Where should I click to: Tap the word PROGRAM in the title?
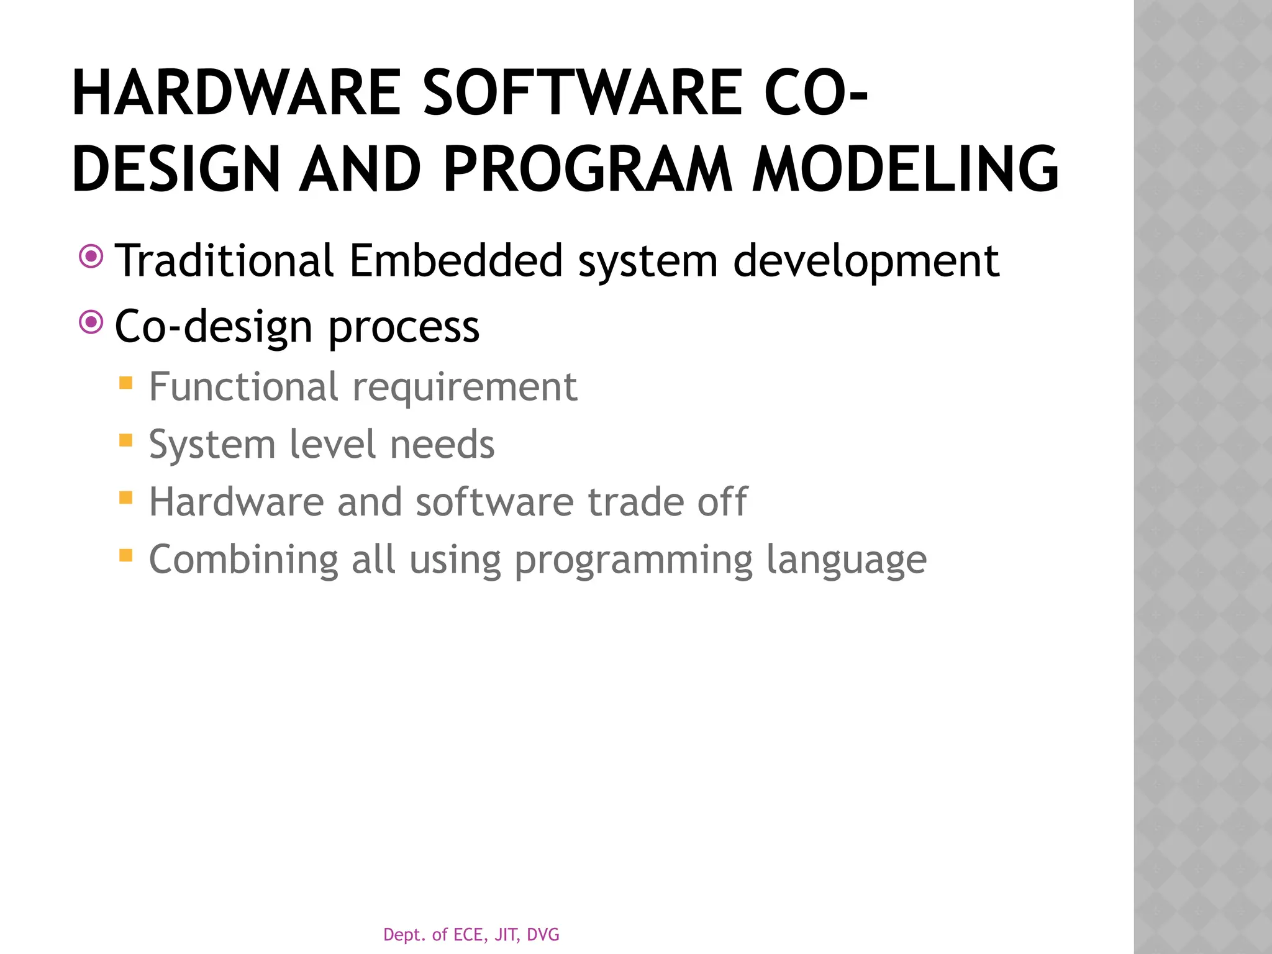point(587,169)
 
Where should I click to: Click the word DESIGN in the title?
point(176,169)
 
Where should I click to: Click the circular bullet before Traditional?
point(91,256)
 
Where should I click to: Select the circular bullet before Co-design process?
point(91,322)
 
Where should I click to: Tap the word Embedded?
point(455,260)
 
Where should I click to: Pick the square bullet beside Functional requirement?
point(126,383)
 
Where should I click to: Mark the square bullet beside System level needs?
point(126,440)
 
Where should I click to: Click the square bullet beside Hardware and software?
point(126,497)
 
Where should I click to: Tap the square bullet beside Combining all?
point(126,555)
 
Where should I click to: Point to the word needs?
point(442,445)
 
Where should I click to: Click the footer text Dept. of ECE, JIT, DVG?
point(471,934)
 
